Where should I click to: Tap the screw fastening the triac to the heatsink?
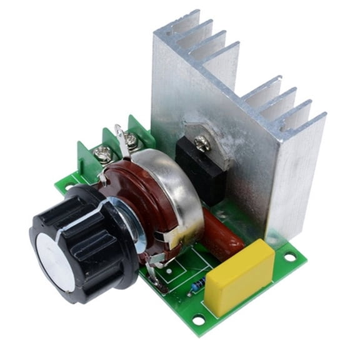(201, 144)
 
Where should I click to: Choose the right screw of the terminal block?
(131, 139)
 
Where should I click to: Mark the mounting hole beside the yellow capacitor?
(289, 256)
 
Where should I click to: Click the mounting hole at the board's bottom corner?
(199, 320)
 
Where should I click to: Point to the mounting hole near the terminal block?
(67, 187)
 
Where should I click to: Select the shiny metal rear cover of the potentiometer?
(169, 187)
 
